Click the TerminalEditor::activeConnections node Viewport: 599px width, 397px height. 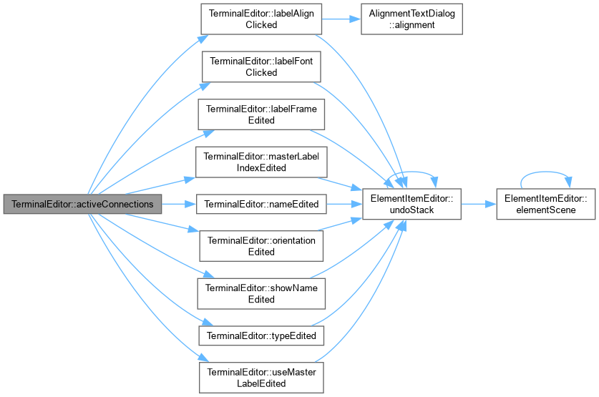82,205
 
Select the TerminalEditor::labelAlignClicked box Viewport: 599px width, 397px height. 261,19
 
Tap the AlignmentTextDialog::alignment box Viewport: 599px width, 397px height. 411,19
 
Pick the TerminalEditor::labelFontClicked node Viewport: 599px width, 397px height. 261,67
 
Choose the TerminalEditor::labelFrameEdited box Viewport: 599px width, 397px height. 261,114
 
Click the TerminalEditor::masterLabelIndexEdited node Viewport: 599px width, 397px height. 261,162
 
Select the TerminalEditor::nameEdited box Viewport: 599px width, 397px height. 261,205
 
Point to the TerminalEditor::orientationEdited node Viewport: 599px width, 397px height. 261,246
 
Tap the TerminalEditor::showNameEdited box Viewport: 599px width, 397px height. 261,293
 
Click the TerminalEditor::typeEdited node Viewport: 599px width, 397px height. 261,336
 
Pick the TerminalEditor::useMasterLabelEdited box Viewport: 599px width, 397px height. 261,378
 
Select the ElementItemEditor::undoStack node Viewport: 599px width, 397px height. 411,205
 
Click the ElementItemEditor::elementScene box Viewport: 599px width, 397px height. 546,205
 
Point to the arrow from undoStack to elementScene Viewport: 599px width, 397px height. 479,205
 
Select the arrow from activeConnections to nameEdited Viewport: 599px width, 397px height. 179,205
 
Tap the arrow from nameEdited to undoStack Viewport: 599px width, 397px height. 344,205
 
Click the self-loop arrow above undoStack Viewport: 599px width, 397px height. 411,172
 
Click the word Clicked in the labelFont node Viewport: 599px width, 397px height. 261,72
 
